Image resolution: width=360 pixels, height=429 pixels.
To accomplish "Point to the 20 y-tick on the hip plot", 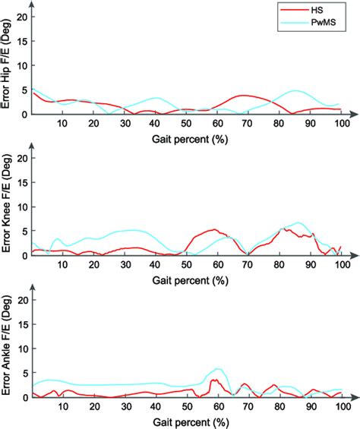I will tap(22, 16).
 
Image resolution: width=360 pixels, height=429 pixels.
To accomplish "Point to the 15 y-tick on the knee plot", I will tap(22, 182).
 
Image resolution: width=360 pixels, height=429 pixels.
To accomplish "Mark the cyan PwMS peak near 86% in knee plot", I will tap(298, 222).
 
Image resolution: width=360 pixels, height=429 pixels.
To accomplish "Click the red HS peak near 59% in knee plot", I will tap(215, 229).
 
